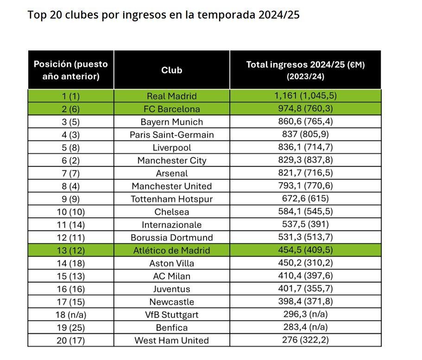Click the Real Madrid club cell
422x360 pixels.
coord(172,96)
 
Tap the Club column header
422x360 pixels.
coord(172,70)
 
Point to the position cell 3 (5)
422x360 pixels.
coord(71,122)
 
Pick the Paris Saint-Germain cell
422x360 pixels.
coord(172,135)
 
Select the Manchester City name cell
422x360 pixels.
coord(172,160)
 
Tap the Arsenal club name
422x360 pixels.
coord(172,173)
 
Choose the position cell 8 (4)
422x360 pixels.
coord(71,186)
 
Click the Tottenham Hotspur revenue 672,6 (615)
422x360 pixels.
coord(305,198)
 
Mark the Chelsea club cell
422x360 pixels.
coord(172,212)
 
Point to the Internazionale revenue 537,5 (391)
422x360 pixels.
coord(305,224)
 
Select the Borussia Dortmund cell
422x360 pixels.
coord(172,238)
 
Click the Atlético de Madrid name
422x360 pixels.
coord(172,250)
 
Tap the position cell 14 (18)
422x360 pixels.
coord(71,263)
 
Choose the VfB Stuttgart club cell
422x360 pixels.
coord(172,315)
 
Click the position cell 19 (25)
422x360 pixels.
coord(71,328)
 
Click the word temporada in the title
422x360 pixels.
coord(227,15)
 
